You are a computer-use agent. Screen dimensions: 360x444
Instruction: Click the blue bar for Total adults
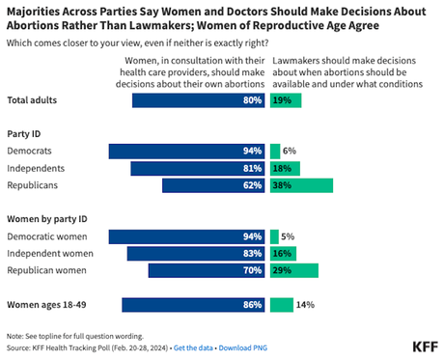click(199, 100)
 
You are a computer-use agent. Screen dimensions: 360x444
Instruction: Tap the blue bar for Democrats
click(187, 152)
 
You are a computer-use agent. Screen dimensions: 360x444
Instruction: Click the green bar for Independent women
click(283, 253)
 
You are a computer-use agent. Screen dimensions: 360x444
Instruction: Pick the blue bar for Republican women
click(207, 270)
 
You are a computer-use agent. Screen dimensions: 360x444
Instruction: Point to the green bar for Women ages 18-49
click(282, 305)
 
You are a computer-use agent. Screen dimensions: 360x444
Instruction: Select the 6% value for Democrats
click(290, 152)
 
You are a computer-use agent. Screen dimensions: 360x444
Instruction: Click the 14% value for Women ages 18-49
click(307, 305)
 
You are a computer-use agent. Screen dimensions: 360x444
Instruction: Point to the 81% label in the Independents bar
click(254, 169)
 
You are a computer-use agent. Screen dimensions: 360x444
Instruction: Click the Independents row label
click(37, 169)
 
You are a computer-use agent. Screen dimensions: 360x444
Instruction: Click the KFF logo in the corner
click(425, 346)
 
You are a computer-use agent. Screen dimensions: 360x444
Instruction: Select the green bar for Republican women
click(293, 270)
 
